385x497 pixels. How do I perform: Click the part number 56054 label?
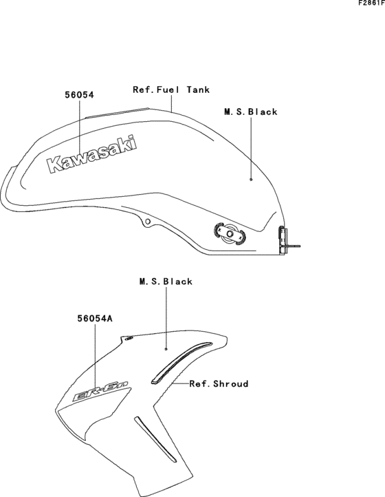tap(80, 95)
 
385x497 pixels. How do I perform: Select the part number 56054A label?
tap(95, 319)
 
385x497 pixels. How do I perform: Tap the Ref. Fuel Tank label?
tap(171, 89)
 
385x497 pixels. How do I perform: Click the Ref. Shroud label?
tap(219, 384)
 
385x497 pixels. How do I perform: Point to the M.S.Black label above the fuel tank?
tap(251, 112)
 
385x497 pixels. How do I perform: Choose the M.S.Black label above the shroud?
tap(166, 282)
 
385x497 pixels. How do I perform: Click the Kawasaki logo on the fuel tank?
tap(92, 155)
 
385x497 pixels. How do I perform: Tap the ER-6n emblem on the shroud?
tap(101, 392)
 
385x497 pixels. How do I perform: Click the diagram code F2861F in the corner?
tap(372, 3)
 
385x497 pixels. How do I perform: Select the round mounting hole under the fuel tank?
tap(147, 222)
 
